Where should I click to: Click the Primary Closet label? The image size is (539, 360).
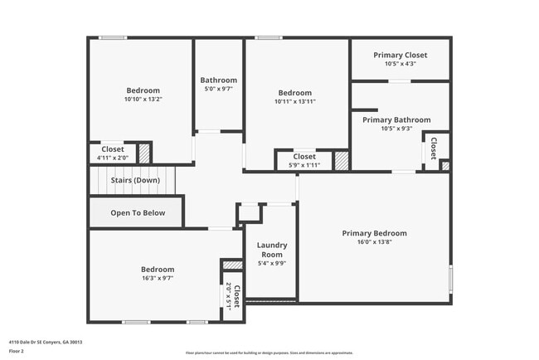coord(401,55)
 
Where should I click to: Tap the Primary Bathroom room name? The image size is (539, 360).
coord(396,119)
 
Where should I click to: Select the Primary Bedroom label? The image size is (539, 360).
coord(374,233)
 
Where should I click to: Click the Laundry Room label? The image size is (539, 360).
coord(272,250)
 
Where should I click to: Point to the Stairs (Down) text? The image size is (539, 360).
coord(135,180)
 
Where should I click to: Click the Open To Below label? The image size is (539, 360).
coord(138,213)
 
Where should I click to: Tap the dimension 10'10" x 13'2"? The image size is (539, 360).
coord(143,100)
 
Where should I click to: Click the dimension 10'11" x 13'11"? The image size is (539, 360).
coord(294,101)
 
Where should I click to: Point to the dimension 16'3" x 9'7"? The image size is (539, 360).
coord(157,279)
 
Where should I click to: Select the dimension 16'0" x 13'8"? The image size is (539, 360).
coord(374,242)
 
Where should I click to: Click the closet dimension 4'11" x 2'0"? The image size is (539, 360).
coord(113,158)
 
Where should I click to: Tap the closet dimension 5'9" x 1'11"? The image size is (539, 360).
coord(304,164)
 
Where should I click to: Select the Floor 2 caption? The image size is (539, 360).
coord(17,351)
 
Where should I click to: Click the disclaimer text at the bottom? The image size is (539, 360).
coord(269,353)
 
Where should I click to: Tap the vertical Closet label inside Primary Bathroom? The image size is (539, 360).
coord(433,149)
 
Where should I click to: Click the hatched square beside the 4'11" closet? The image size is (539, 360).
coord(144,153)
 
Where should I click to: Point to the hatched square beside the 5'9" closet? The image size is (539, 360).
coord(341,160)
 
